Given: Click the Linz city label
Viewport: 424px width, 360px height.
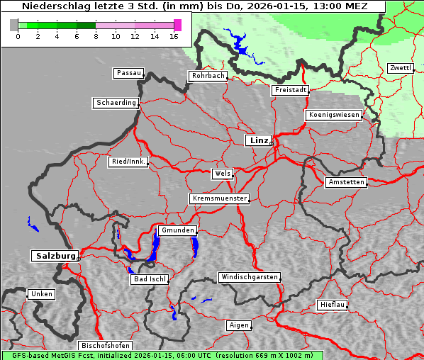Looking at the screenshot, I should [258, 140].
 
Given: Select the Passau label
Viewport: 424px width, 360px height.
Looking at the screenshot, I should [128, 73].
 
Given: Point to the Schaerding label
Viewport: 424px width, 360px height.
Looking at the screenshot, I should [116, 103].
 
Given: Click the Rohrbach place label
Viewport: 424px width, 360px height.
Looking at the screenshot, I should [207, 76].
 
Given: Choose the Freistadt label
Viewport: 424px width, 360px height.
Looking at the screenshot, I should [290, 90].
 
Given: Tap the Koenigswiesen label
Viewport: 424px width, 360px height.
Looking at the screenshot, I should [334, 115].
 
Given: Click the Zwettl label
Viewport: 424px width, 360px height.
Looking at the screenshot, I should [400, 68].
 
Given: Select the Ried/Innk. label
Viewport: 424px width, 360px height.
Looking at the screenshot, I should [128, 162].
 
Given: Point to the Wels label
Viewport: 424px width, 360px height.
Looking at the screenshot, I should [221, 174].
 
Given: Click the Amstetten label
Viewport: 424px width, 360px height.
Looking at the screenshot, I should [345, 182].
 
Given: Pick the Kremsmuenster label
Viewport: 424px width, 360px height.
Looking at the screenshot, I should [219, 198].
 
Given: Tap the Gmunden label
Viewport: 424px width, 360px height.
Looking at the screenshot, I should [177, 231].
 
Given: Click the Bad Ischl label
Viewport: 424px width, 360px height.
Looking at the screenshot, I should [149, 279].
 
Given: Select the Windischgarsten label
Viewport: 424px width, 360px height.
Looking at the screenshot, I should [249, 277].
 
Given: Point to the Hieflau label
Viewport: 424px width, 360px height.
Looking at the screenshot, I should [332, 305].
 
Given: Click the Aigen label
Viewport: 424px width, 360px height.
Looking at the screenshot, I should [238, 325].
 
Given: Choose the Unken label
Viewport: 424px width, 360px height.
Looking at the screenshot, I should [40, 294].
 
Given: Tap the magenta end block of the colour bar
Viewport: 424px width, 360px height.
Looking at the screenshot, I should [177, 25].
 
